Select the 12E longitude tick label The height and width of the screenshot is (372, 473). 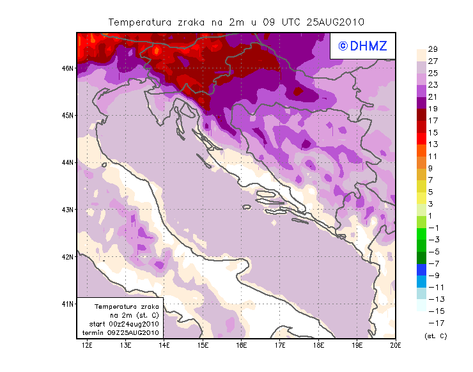pos(88,345)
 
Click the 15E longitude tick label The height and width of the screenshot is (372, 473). pos(203,345)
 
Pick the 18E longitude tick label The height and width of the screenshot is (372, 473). pos(319,345)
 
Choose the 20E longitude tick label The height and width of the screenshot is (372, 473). pos(396,345)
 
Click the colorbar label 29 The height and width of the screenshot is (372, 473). pos(432,49)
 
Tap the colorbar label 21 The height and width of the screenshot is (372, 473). pos(432,97)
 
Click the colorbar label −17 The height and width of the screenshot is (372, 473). pos(432,323)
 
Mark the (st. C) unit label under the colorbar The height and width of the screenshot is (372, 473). pos(435,336)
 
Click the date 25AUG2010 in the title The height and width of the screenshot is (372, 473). pos(335,22)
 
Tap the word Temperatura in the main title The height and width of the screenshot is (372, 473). pos(139,22)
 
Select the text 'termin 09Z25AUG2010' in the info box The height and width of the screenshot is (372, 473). pos(123,333)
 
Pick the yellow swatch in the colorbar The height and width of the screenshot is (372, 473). pos(421,186)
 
